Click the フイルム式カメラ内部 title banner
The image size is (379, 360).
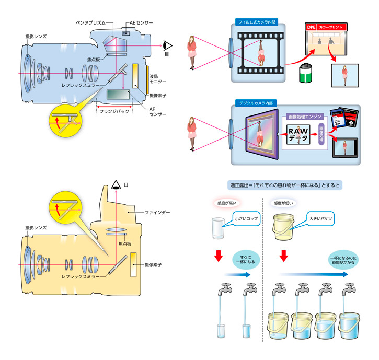click(x=256, y=22)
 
